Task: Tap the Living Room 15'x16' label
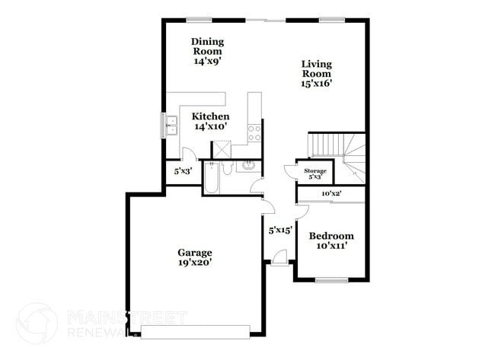click(316, 74)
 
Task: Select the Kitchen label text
click(210, 122)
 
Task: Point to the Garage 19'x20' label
click(196, 257)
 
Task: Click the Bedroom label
click(331, 241)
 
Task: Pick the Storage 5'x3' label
click(315, 174)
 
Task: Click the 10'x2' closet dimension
click(329, 193)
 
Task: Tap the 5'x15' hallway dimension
click(280, 229)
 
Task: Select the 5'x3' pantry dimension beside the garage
click(182, 171)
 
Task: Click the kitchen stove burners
click(254, 133)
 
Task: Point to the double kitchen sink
click(170, 125)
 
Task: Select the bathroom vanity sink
click(247, 165)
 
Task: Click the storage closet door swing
click(290, 171)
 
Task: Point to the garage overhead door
click(196, 330)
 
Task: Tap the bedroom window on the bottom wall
click(331, 281)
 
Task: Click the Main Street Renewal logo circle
click(37, 323)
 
